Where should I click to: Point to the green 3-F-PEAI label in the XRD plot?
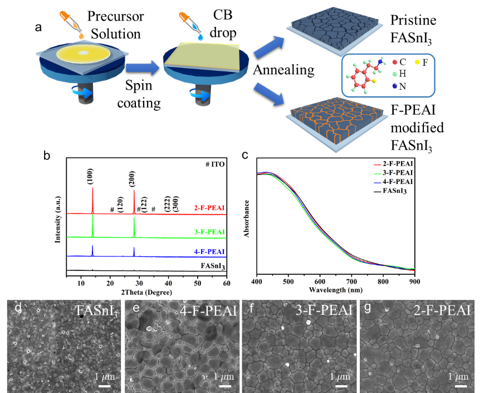coord(209,232)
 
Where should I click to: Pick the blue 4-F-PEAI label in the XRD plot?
coord(209,252)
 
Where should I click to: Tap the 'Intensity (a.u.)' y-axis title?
coord(57,217)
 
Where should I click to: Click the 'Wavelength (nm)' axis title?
coord(335,289)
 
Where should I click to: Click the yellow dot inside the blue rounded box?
coord(417,62)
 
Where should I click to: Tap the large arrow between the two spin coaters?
coord(142,67)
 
